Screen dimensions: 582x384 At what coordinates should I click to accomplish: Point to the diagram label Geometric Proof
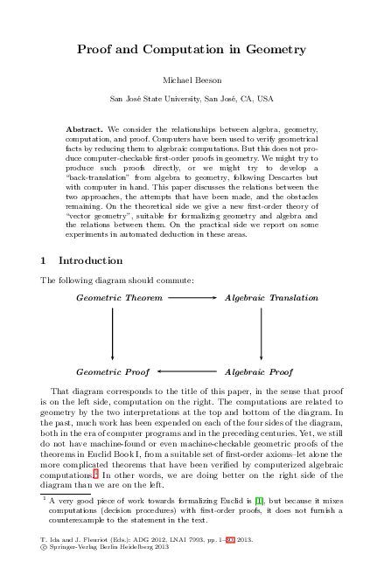(113, 371)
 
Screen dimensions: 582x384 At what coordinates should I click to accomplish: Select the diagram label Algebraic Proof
(259, 371)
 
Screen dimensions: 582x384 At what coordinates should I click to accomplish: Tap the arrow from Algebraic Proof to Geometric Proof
(186, 371)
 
